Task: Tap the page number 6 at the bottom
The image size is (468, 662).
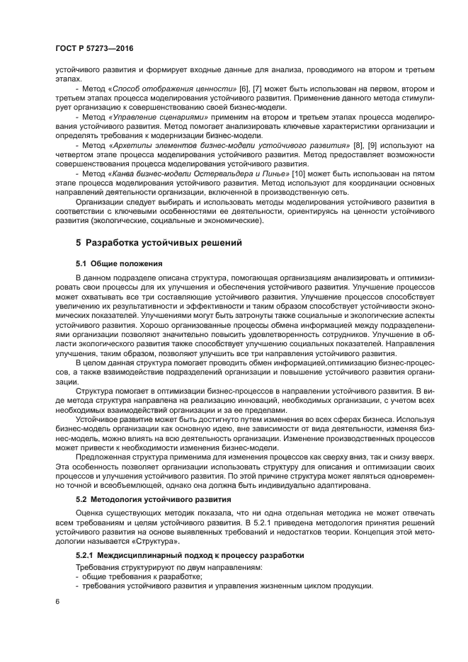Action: [x=57, y=602]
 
